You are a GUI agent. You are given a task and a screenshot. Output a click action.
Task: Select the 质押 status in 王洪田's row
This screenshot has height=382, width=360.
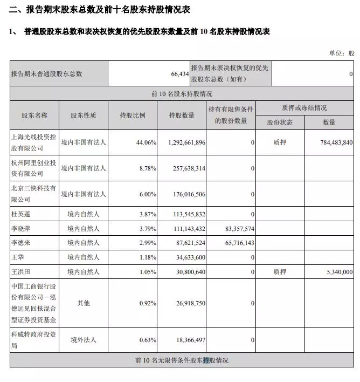(x=280, y=272)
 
